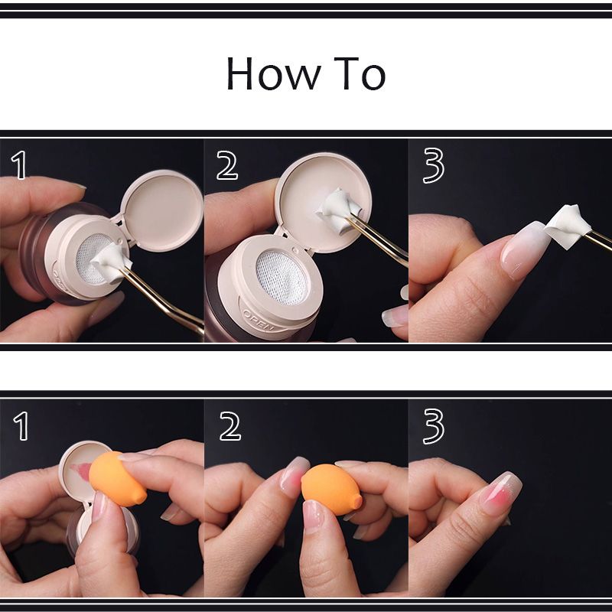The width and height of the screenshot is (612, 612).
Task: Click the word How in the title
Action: click(274, 73)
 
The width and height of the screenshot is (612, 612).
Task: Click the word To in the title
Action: click(360, 73)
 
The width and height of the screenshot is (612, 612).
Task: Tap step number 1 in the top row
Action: click(19, 165)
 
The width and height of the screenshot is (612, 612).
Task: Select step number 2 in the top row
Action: click(226, 165)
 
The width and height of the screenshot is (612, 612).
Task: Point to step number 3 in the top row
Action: click(433, 166)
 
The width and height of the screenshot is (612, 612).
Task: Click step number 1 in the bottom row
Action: click(21, 426)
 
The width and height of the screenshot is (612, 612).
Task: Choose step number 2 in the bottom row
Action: click(230, 426)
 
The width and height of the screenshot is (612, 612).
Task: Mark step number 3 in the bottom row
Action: click(433, 427)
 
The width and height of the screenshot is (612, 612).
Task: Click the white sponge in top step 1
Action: click(110, 259)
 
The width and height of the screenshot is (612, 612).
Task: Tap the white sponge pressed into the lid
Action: click(339, 209)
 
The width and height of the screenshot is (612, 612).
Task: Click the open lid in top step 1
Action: click(161, 210)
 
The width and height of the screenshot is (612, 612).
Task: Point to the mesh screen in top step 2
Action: click(282, 277)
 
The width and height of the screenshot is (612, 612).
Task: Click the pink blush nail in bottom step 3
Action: click(501, 493)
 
